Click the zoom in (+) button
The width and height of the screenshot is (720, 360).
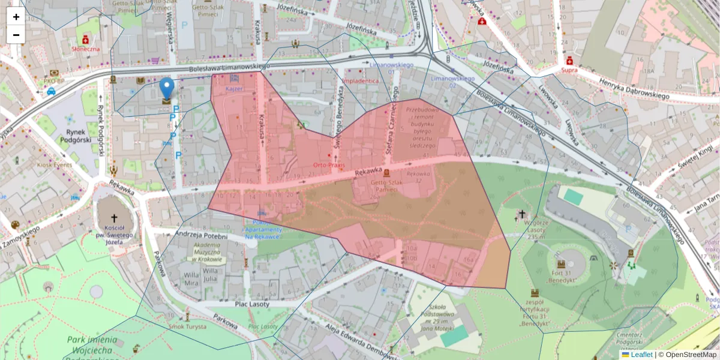click(x=16, y=17)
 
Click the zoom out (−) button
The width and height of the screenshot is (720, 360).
click(x=16, y=35)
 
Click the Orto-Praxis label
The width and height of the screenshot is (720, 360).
click(x=327, y=164)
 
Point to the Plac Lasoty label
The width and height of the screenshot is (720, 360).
click(x=252, y=304)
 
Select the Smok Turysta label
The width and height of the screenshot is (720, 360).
click(x=188, y=326)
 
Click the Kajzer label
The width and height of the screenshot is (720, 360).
click(x=233, y=89)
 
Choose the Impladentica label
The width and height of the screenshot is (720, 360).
click(x=361, y=80)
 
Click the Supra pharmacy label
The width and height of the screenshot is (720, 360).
click(x=569, y=70)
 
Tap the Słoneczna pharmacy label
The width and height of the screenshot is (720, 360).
click(x=86, y=49)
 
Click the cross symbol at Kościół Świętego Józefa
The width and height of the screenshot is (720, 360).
click(x=113, y=219)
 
